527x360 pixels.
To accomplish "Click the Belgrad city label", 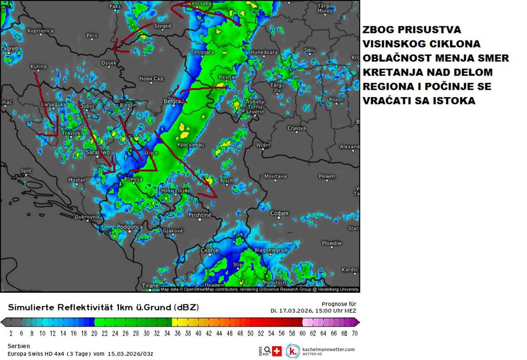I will click(x=173, y=101).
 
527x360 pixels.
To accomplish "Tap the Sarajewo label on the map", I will click(x=97, y=152).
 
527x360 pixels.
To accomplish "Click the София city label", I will click(x=279, y=213).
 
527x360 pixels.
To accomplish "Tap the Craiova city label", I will click(x=296, y=128).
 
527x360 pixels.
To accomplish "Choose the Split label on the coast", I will click(x=26, y=171).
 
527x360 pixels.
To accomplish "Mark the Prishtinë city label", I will click(x=200, y=215).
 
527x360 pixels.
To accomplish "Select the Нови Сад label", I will click(x=151, y=79).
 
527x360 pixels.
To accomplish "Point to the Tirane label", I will click(x=150, y=285).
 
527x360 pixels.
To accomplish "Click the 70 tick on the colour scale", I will click(x=354, y=333).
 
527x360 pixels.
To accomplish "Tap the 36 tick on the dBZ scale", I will click(x=177, y=333).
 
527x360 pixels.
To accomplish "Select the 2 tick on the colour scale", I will click(x=11, y=333).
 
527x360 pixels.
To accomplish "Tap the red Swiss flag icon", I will click(x=277, y=351).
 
